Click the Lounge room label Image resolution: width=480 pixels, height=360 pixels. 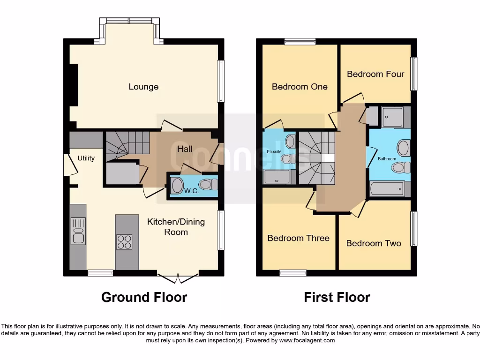(x=143, y=87)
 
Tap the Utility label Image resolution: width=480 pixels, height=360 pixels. (x=86, y=158)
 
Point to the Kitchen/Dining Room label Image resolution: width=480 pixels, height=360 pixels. (x=176, y=226)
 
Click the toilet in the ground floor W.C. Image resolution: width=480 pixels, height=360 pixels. (x=208, y=184)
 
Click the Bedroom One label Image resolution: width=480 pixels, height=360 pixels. (x=300, y=87)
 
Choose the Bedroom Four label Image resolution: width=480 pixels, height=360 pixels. (x=375, y=74)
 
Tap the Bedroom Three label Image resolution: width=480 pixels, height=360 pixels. (x=298, y=238)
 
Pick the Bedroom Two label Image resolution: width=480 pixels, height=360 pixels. (x=374, y=243)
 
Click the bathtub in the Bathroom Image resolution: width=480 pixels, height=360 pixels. (x=387, y=188)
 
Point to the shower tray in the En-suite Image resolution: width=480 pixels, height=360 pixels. (x=277, y=177)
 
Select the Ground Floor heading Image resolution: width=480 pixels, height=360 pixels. (x=144, y=297)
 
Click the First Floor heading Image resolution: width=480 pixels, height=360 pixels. (x=337, y=297)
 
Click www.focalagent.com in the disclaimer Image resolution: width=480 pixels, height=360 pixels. (x=307, y=340)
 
